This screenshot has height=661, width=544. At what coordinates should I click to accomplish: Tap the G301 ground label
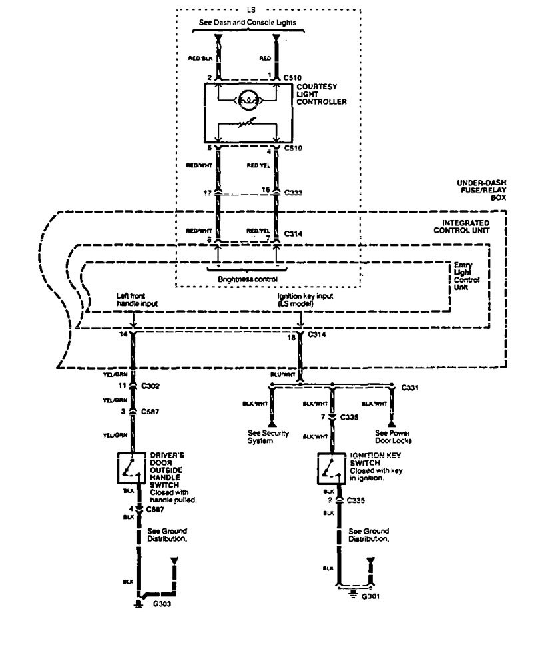pyautogui.click(x=370, y=597)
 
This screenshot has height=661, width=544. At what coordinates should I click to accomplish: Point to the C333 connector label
pyautogui.click(x=293, y=194)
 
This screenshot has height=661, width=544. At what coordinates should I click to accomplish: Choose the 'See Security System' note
pyautogui.click(x=274, y=437)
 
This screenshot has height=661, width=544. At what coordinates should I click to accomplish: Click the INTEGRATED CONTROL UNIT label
pyautogui.click(x=465, y=226)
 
